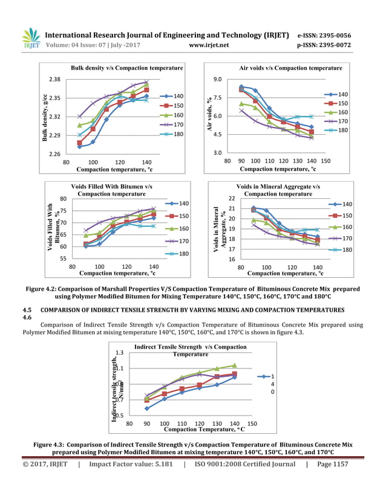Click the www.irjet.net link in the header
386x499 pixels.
point(209,45)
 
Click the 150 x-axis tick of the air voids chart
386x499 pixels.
point(325,162)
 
